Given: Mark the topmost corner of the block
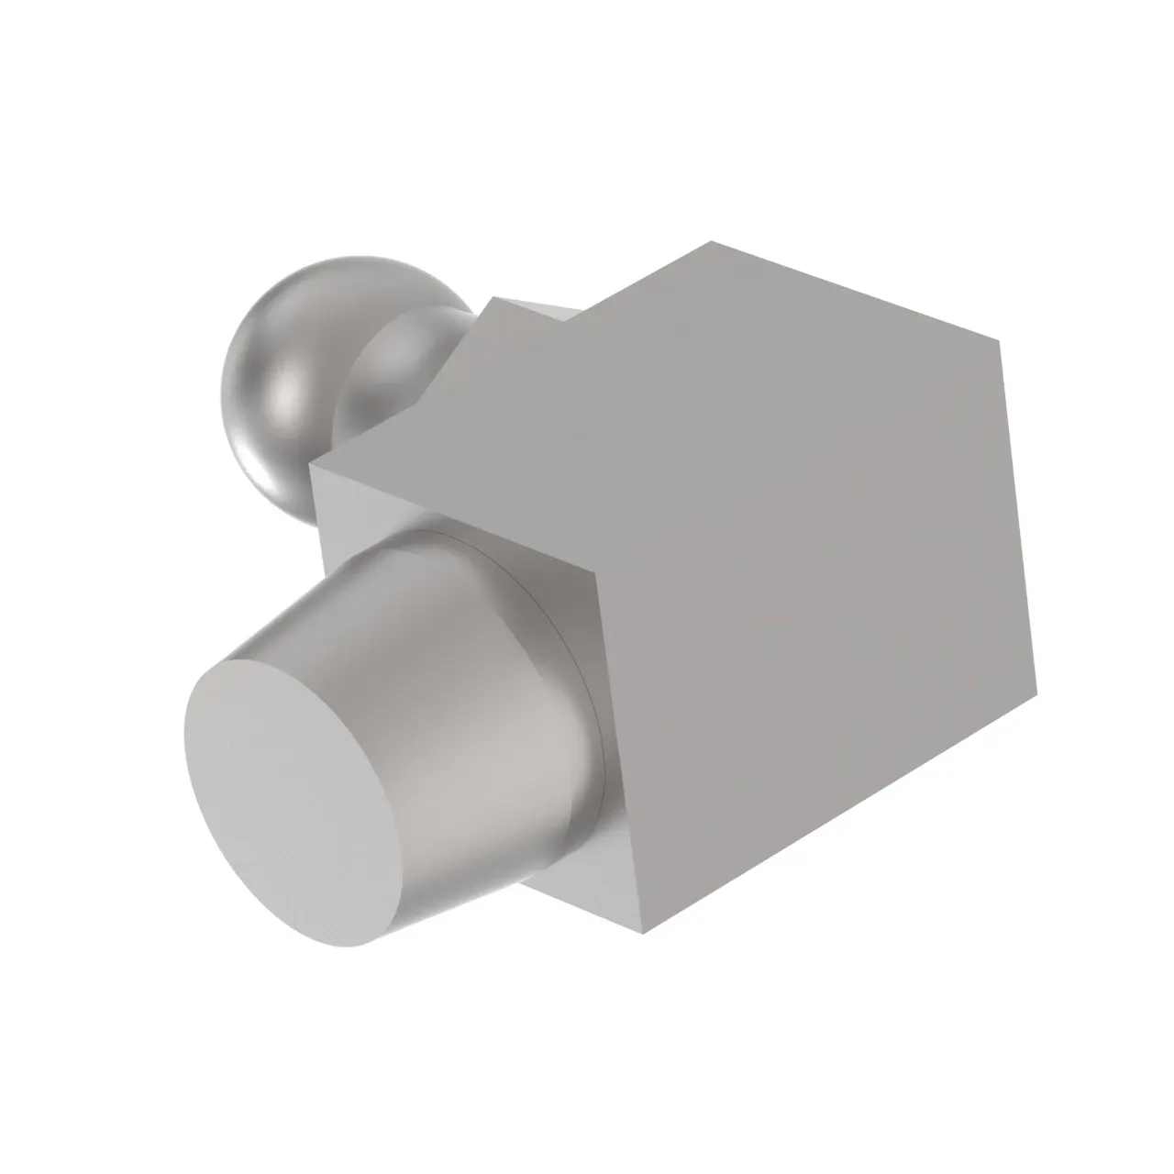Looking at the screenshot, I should (712, 242).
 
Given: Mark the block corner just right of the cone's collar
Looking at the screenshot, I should (597, 572).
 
